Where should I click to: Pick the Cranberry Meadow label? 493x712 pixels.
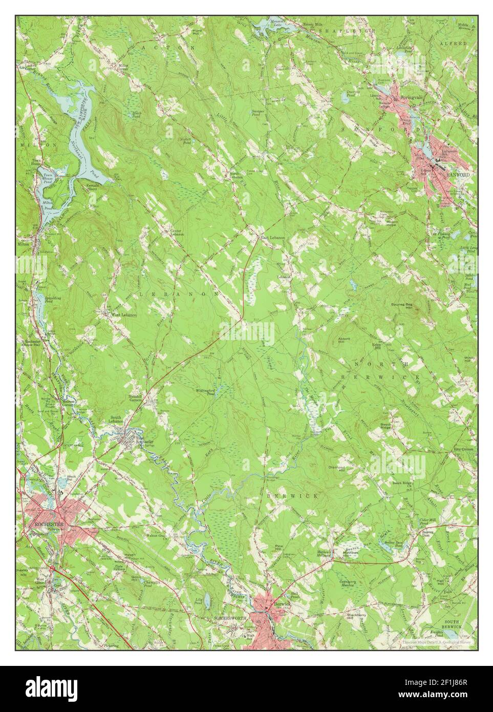tap(349, 585)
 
